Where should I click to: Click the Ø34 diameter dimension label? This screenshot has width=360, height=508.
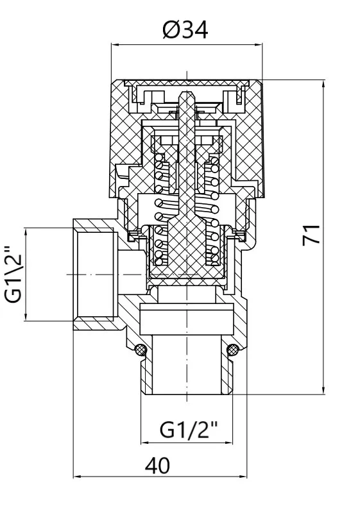point(185,30)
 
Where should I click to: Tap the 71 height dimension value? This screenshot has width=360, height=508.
point(311,235)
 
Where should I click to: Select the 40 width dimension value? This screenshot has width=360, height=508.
point(157,466)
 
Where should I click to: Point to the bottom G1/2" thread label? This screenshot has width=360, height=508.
point(188,430)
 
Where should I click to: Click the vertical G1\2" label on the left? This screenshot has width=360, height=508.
point(14,275)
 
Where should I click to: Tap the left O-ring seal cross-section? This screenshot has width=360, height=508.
point(141,349)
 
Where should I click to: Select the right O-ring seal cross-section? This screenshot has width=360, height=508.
point(233,349)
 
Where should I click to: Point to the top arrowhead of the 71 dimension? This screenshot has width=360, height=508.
point(323,83)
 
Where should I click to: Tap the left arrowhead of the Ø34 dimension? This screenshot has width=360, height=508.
point(115,45)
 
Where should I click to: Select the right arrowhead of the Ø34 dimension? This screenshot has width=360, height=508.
point(259,45)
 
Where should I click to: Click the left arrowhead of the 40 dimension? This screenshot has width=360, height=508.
point(77,477)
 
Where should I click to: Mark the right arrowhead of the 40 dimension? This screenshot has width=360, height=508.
point(243,477)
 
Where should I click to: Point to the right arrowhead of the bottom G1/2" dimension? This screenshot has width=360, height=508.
point(228,442)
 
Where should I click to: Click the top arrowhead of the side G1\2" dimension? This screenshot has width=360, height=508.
point(25,232)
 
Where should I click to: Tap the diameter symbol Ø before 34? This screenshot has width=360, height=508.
point(170,30)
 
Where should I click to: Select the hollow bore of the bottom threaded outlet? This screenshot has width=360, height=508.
point(187,364)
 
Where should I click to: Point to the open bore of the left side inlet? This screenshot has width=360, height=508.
point(96,275)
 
